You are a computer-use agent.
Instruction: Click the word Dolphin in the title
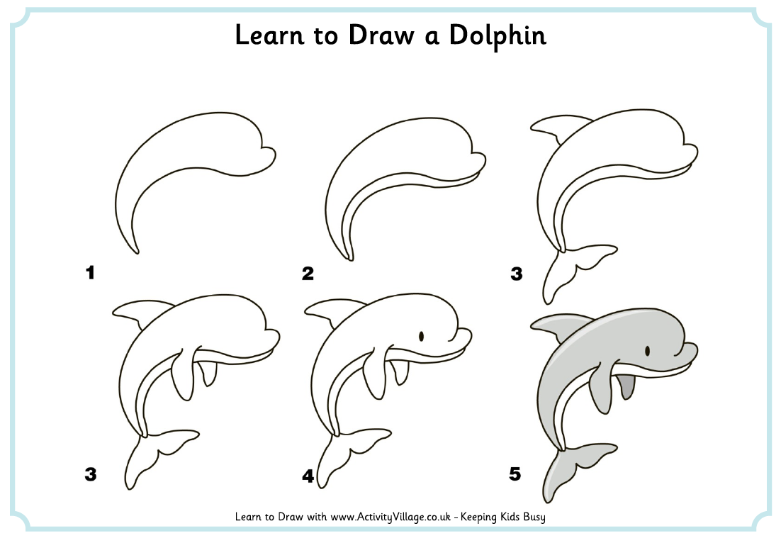tap(498, 36)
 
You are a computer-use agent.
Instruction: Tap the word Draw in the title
tap(381, 35)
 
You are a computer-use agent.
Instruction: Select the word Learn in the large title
tap(269, 35)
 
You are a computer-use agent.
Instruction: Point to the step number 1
tap(90, 272)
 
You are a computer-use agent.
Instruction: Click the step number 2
tap(308, 273)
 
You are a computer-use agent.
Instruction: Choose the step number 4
tap(308, 476)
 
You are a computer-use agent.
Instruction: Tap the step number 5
tap(515, 474)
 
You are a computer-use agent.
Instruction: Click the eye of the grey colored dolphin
tap(648, 351)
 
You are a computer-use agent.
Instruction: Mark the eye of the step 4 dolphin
tap(422, 336)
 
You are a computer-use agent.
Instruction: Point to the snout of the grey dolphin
tap(687, 351)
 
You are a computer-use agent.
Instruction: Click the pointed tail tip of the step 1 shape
tap(137, 252)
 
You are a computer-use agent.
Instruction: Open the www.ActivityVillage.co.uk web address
tap(390, 517)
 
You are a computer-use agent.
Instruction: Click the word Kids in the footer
tap(509, 517)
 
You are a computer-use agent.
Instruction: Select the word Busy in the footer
tap(534, 517)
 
